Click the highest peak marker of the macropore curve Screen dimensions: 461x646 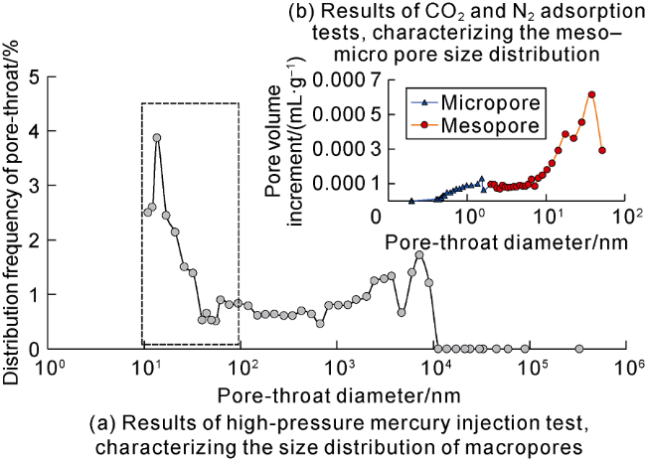pyautogui.click(x=156, y=138)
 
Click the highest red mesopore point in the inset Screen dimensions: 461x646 pyautogui.click(x=591, y=95)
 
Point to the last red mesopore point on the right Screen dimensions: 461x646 pyautogui.click(x=602, y=150)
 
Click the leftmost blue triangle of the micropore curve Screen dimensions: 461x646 pyautogui.click(x=411, y=201)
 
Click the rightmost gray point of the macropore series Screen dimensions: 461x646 pyautogui.click(x=579, y=349)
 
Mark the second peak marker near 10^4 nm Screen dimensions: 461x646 pyautogui.click(x=419, y=255)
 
